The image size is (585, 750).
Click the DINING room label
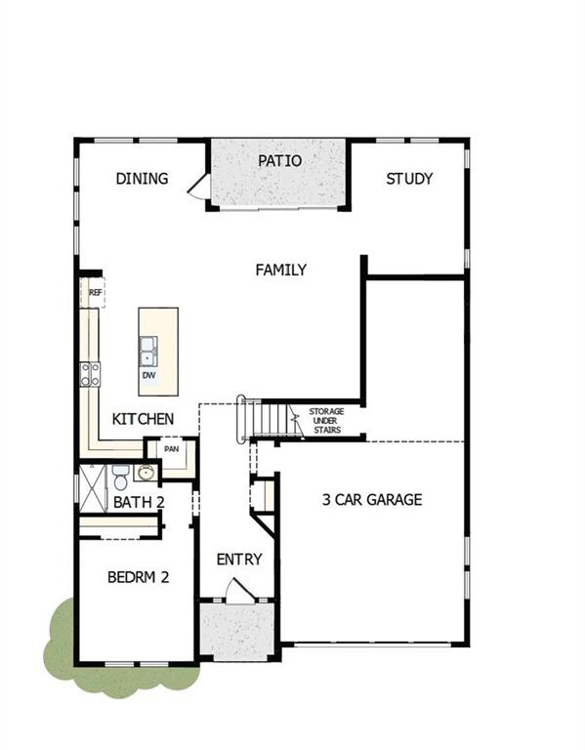tap(142, 179)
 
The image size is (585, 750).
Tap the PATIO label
tap(279, 161)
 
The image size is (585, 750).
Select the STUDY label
tap(408, 179)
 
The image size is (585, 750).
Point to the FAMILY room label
tap(281, 270)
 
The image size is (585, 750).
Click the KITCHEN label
tap(143, 419)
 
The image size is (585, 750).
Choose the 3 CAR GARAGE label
tap(372, 499)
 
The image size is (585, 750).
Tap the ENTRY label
tap(239, 560)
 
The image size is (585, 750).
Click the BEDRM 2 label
tap(138, 577)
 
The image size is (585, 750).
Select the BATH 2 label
tap(138, 503)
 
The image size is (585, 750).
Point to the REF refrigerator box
tap(95, 292)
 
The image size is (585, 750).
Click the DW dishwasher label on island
tap(148, 375)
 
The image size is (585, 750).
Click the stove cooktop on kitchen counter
tap(90, 373)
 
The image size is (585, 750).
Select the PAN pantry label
tap(172, 449)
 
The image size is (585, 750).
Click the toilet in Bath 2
tap(120, 478)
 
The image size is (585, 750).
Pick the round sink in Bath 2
tap(146, 474)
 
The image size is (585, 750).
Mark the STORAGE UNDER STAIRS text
tap(326, 420)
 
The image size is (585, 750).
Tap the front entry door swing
tap(238, 590)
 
